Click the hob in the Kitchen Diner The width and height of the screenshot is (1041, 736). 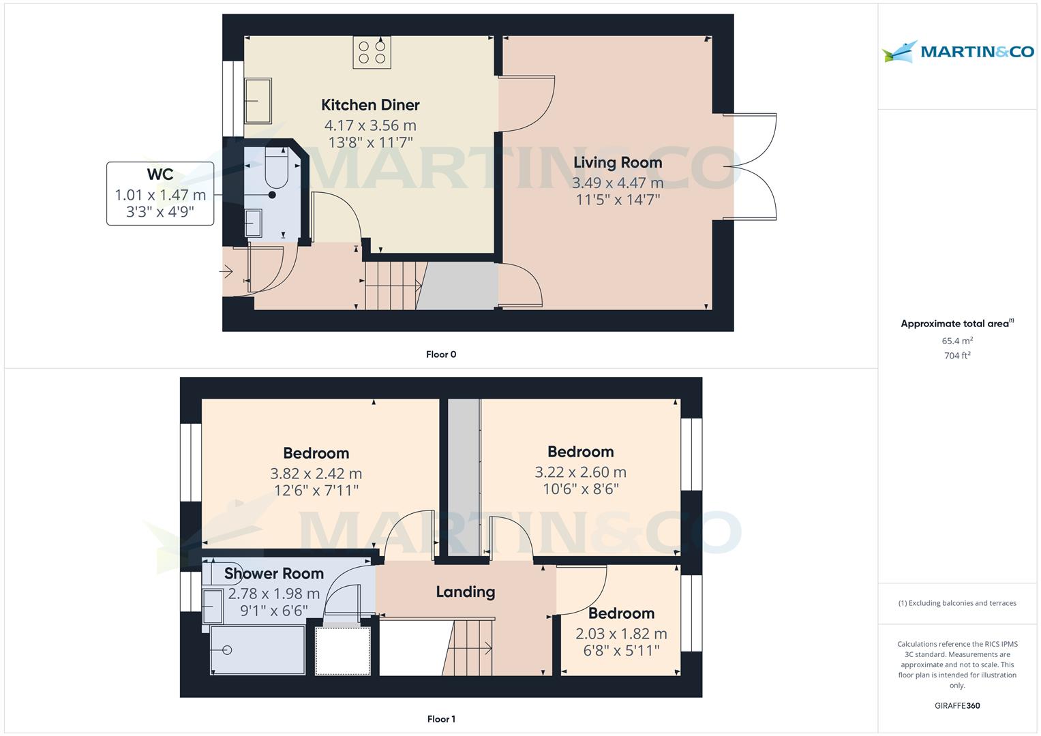[372, 52]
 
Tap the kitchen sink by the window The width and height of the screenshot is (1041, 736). [258, 100]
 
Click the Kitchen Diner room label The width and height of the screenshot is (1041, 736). [370, 105]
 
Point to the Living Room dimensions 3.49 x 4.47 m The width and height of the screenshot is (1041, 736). [617, 183]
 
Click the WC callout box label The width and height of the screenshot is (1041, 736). [160, 174]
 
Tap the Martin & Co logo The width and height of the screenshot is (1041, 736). [957, 52]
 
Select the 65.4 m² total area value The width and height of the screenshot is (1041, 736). [957, 341]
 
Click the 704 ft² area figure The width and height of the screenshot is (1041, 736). [957, 356]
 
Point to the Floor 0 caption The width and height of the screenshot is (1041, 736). [441, 354]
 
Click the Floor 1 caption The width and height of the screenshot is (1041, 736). [441, 719]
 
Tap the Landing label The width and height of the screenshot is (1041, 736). [466, 592]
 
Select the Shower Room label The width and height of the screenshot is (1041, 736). [274, 574]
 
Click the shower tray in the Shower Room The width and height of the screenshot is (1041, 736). [258, 650]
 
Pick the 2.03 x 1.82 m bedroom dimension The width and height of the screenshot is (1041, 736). [621, 634]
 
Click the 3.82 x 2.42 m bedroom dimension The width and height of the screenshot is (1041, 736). [316, 474]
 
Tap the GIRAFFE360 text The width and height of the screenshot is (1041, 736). [957, 706]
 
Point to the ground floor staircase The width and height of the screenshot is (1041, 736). [391, 286]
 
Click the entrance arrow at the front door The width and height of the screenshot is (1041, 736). [226, 273]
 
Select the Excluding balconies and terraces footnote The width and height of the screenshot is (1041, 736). [957, 603]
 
